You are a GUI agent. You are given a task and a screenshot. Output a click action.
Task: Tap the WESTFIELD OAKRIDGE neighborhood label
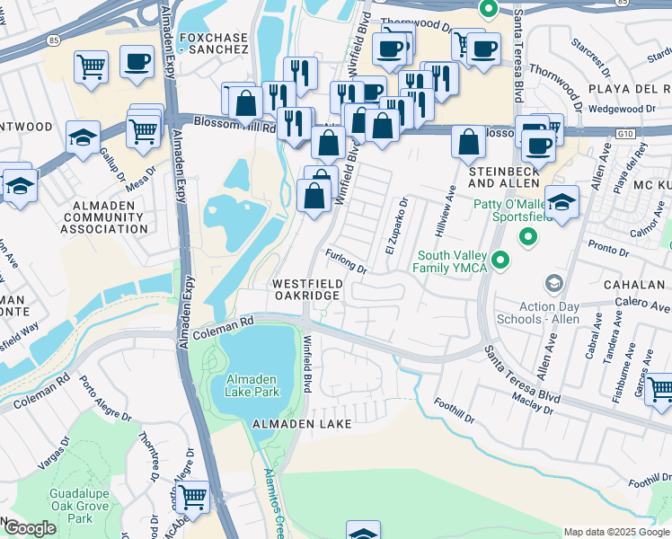coord(306,289)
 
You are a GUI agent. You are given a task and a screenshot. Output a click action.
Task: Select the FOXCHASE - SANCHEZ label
coord(213,43)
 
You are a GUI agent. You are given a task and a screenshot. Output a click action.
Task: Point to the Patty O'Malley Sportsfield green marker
coord(528,238)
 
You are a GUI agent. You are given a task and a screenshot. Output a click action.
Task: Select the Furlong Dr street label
coord(347,262)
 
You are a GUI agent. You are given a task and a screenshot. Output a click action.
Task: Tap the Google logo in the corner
coord(29,528)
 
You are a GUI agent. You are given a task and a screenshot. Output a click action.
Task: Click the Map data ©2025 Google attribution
coord(615,532)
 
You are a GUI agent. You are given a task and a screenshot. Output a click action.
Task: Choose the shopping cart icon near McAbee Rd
coord(193,495)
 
